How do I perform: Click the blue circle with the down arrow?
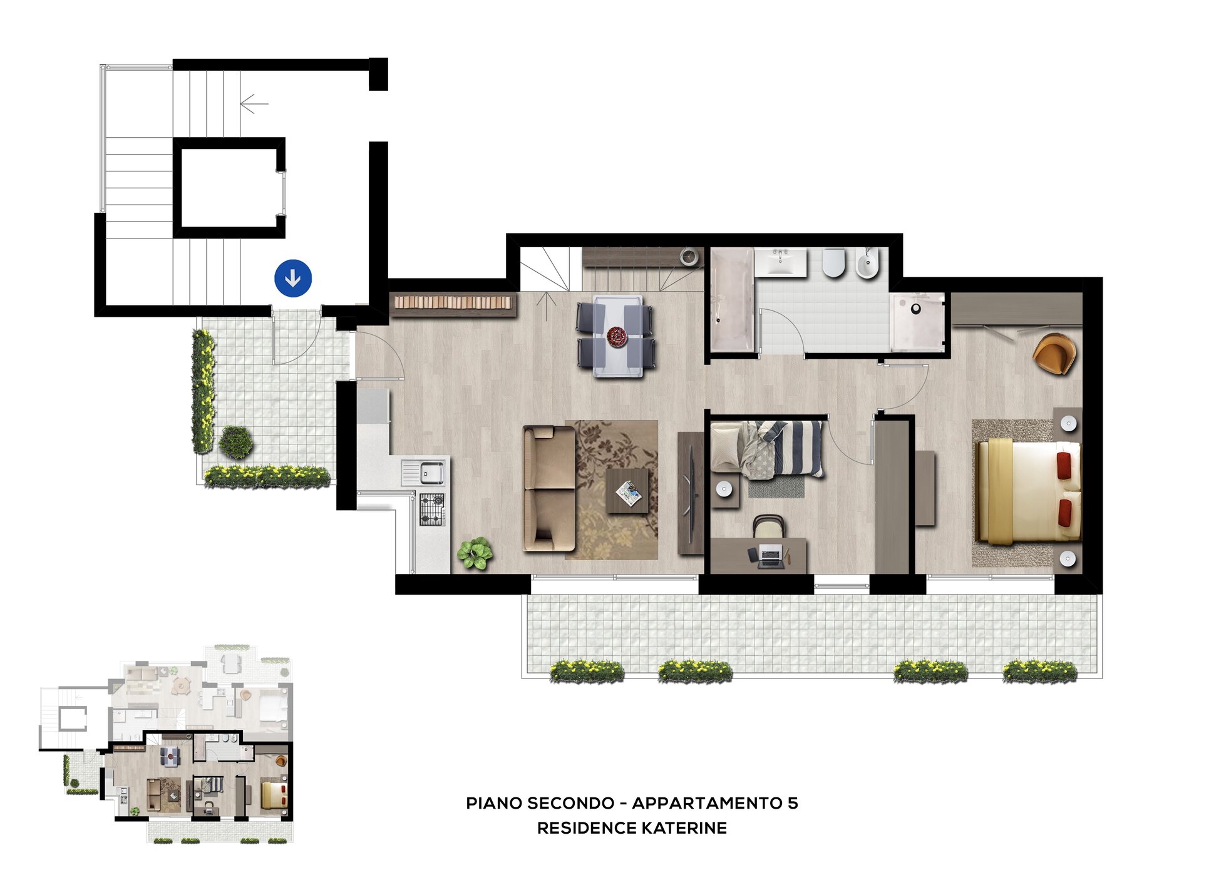point(292,278)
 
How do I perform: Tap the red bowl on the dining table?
point(617,337)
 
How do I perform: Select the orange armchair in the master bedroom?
point(1054,354)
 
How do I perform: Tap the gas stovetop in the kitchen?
point(431,509)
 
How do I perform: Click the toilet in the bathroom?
point(833,264)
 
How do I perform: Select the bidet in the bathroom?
point(867,264)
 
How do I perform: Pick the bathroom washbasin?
point(780,262)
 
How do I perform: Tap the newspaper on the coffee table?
point(629,493)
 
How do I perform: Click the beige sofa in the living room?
point(549,488)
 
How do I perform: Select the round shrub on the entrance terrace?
point(236,442)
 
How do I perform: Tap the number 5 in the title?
point(793,803)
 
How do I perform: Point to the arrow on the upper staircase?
point(254,104)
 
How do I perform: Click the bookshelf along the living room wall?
point(453,303)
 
